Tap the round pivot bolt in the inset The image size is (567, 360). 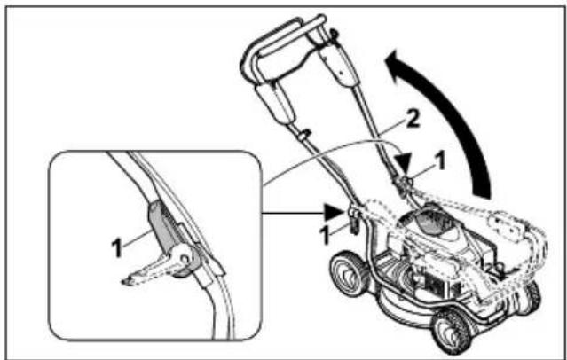pyautogui.click(x=185, y=260)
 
